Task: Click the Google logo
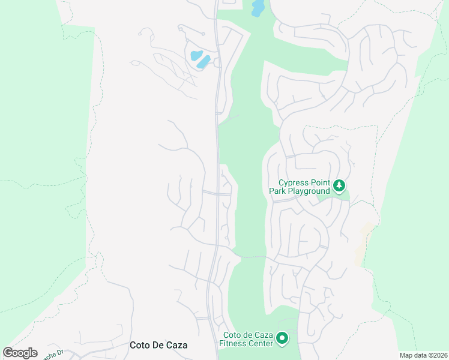[x=20, y=353]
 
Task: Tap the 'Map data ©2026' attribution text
[x=424, y=355]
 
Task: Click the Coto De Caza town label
[x=158, y=345]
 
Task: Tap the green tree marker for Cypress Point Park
[x=339, y=186]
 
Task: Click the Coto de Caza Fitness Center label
[x=247, y=340]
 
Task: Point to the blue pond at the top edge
[x=258, y=8]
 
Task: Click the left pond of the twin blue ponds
[x=196, y=56]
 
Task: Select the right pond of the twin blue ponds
[x=203, y=61]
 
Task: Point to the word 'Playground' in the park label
[x=309, y=191]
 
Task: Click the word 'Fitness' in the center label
[x=232, y=344]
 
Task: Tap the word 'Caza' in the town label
[x=176, y=345]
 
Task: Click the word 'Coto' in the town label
[x=139, y=345]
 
